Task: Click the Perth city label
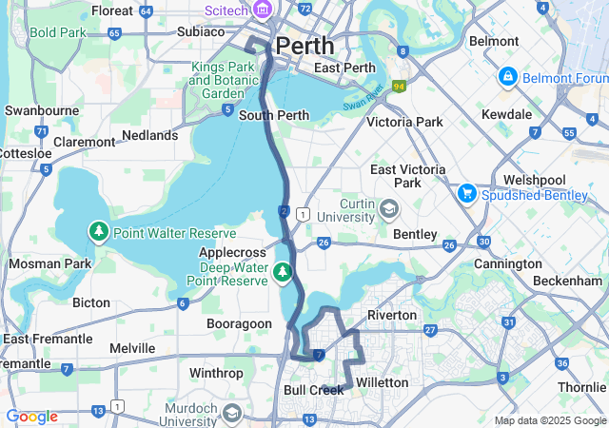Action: click(x=304, y=45)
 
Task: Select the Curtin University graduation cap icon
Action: click(x=388, y=209)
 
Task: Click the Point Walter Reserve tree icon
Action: click(x=99, y=231)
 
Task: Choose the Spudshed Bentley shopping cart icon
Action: click(x=466, y=192)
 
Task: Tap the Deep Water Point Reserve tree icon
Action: click(x=282, y=273)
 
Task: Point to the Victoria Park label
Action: click(x=404, y=122)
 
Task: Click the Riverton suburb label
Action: click(x=391, y=315)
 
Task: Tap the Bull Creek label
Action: click(x=313, y=390)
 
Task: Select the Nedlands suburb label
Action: click(x=148, y=135)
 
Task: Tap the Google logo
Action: click(x=31, y=417)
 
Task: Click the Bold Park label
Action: click(x=57, y=31)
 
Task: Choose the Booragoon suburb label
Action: click(x=240, y=323)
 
